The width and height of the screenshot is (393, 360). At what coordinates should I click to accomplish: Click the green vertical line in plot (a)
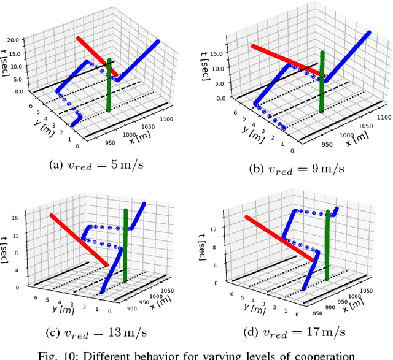click(109, 86)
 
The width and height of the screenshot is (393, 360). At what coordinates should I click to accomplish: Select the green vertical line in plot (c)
click(125, 245)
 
